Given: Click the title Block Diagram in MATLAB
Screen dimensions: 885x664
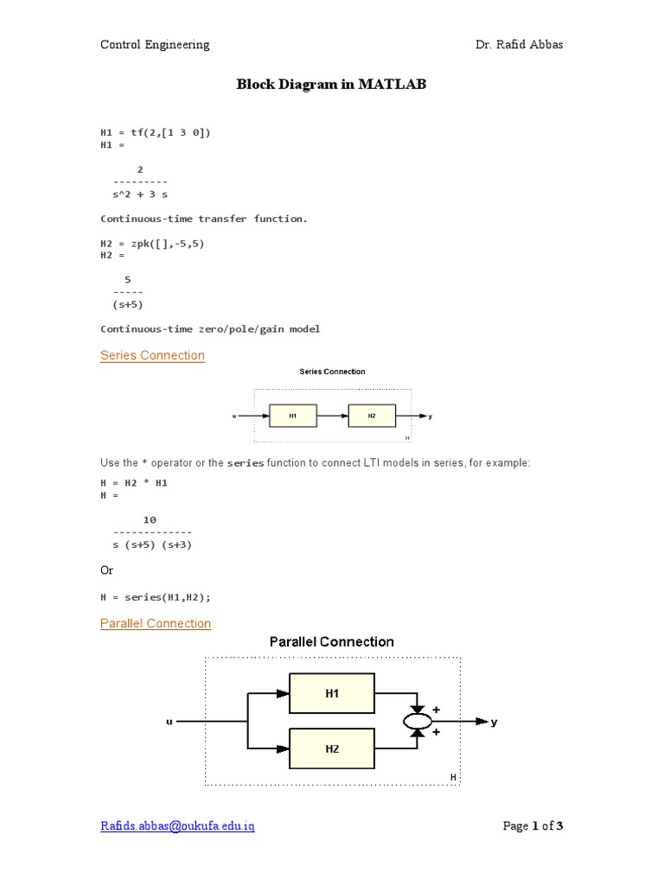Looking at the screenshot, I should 332,85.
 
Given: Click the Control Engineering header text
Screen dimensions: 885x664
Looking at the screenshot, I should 155,45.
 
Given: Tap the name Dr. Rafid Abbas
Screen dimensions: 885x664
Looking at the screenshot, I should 519,45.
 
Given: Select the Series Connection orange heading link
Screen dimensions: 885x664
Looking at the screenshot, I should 152,355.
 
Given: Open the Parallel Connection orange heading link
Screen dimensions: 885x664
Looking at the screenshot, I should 156,623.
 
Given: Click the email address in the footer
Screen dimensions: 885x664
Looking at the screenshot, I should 177,826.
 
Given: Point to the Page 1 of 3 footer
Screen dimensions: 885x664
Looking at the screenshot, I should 533,826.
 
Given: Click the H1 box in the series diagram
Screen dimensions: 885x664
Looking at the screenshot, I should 293,416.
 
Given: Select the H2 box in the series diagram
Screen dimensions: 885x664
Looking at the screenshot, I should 372,416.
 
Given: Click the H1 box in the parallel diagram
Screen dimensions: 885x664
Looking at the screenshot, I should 332,693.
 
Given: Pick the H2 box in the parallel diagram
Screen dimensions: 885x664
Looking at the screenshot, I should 332,748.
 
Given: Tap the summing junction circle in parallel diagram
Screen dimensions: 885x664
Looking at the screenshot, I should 418,721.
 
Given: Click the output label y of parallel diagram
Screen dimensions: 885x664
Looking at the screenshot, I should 495,722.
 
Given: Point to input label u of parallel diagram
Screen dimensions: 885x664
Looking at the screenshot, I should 169,721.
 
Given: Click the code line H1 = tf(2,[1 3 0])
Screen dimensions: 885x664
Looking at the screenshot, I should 156,132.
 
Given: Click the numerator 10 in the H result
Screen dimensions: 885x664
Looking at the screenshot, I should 150,519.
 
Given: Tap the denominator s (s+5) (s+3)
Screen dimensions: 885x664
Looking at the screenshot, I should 152,544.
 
